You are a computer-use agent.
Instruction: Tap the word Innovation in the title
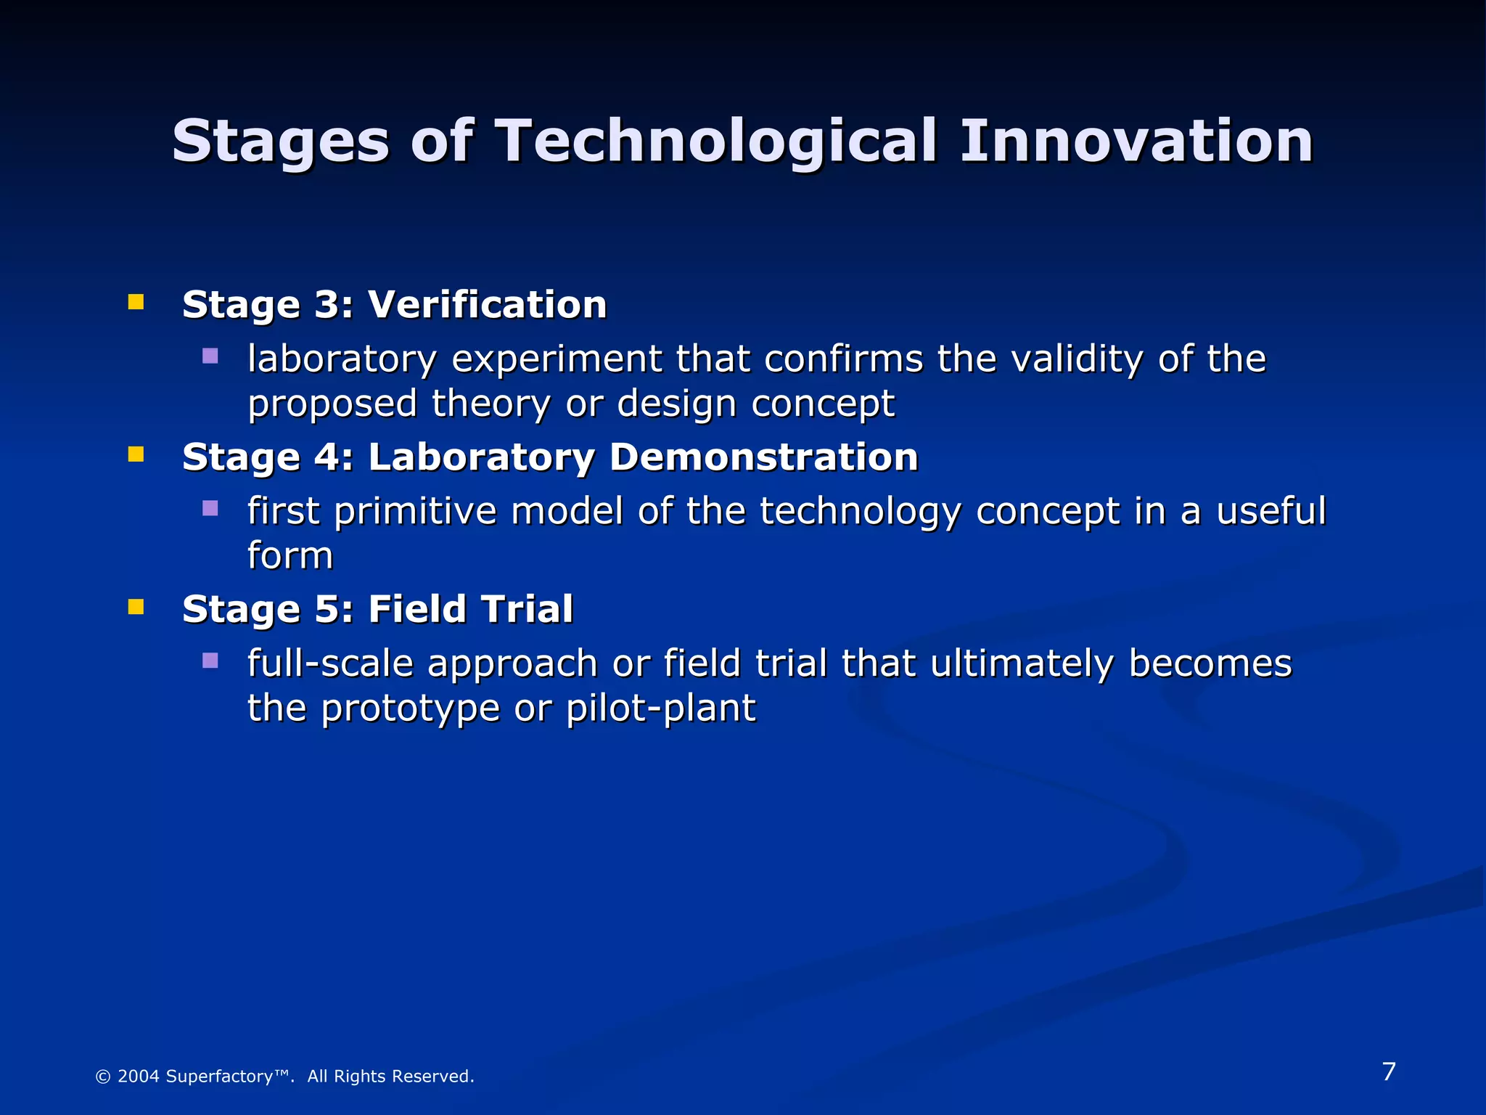coord(1136,141)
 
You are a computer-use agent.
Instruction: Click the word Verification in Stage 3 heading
coord(487,304)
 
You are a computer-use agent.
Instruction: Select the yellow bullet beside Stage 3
coord(136,302)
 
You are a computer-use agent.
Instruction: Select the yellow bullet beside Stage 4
coord(136,454)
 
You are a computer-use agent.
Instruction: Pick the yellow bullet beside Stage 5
coord(136,606)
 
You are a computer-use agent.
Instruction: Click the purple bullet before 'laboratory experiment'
coord(210,356)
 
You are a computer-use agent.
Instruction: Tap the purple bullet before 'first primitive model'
coord(210,508)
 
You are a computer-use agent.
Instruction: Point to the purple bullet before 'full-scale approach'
coord(210,661)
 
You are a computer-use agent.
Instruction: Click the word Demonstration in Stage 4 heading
coord(763,457)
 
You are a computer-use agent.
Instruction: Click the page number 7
coord(1389,1071)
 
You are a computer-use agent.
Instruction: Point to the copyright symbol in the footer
coord(103,1077)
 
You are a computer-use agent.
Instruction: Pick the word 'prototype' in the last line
coord(410,709)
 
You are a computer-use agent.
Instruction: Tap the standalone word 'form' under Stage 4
coord(290,556)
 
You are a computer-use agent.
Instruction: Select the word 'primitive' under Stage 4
coord(415,512)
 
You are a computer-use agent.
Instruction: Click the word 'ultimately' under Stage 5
coord(1021,664)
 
